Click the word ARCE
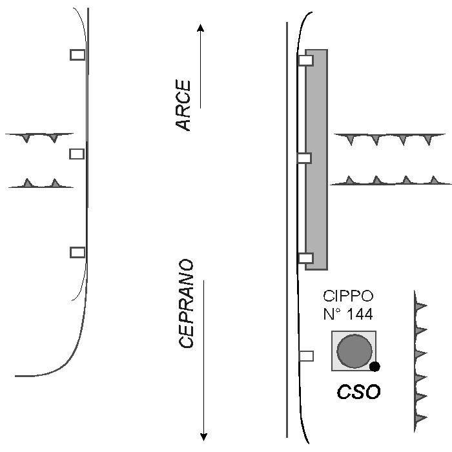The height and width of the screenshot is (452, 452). click(184, 106)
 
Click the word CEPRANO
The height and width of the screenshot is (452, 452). click(186, 304)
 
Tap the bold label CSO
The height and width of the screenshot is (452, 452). click(360, 391)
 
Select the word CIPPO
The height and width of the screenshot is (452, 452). click(348, 297)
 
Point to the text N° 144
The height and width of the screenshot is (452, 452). click(348, 315)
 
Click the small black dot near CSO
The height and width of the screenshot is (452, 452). click(375, 367)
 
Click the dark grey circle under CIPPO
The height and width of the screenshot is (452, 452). click(354, 351)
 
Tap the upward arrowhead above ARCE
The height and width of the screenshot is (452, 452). click(200, 28)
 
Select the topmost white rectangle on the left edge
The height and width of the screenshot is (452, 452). click(77, 55)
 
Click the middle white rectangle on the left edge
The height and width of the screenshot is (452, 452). click(77, 154)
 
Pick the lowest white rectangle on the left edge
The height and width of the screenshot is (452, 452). click(77, 252)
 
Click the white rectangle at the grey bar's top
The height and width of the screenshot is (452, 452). click(305, 61)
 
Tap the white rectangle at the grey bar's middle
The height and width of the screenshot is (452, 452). click(304, 158)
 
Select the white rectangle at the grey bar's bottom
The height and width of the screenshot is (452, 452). click(305, 258)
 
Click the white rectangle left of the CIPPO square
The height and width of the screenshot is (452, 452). click(306, 355)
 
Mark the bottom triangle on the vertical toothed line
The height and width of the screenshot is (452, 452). click(420, 419)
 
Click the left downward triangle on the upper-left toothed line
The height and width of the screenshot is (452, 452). click(26, 138)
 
